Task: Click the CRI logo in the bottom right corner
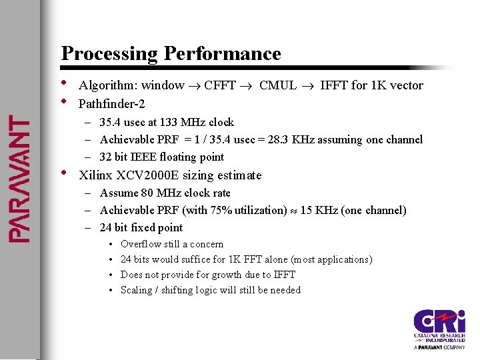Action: coord(439,329)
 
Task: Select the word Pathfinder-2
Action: coord(111,104)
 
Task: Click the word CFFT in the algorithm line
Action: coord(220,85)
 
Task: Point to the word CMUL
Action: coord(277,85)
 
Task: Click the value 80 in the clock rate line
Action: coord(149,193)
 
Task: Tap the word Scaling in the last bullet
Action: coord(137,290)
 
